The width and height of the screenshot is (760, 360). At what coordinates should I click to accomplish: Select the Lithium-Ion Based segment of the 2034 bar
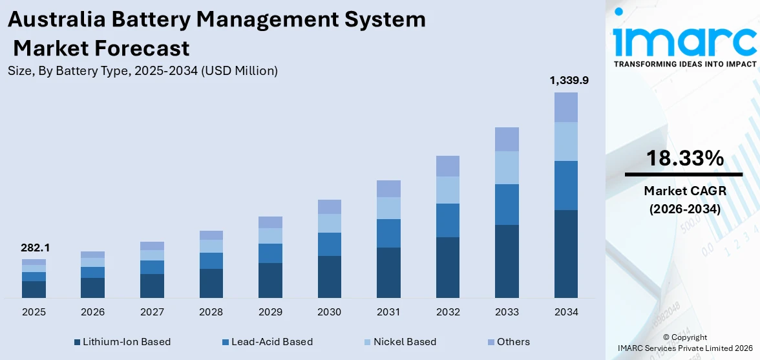tap(565, 253)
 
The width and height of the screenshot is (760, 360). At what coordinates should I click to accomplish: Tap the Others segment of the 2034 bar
tap(565, 107)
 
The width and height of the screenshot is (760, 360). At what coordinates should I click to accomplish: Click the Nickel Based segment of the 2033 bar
tap(507, 167)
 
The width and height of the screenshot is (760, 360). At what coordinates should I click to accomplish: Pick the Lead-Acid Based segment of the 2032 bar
tap(447, 220)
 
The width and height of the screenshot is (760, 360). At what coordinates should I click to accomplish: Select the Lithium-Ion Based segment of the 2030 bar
tap(329, 277)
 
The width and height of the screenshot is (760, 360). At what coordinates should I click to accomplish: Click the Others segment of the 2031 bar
tap(388, 189)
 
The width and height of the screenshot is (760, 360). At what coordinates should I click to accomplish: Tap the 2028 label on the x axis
tap(211, 312)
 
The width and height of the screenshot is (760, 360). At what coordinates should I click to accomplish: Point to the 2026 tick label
tap(92, 312)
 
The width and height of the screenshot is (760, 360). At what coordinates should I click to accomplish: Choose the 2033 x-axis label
tap(507, 312)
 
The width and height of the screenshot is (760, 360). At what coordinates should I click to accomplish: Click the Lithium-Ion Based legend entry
tap(122, 342)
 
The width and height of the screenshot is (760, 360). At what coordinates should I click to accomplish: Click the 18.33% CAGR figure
tap(683, 158)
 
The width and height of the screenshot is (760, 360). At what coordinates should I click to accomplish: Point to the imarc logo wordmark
tap(684, 40)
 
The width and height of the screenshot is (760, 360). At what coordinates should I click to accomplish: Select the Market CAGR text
tap(683, 191)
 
